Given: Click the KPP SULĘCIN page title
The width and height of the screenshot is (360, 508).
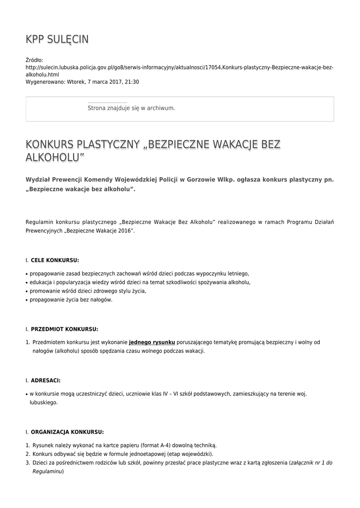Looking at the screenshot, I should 57,40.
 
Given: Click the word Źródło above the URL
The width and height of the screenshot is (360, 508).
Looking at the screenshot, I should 34,60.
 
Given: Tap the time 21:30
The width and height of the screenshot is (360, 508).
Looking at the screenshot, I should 131,82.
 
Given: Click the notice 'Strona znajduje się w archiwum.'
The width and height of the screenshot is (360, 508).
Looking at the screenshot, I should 131,108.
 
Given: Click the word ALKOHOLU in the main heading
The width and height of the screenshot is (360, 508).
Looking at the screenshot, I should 55,158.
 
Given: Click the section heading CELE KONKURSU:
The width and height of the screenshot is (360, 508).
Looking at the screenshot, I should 55,260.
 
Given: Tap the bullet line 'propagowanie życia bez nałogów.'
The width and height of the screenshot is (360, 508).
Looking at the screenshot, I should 71,300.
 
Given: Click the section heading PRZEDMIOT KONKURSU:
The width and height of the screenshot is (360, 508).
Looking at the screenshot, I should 65,329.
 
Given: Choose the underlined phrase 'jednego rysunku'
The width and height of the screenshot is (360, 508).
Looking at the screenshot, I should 152,342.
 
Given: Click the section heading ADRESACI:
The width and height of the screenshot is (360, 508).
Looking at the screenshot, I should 46,381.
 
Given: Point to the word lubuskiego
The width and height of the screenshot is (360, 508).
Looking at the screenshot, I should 44,402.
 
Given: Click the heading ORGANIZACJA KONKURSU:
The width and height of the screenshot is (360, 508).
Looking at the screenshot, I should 67,432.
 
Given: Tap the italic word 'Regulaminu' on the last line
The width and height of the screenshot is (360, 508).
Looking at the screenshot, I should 48,471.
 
